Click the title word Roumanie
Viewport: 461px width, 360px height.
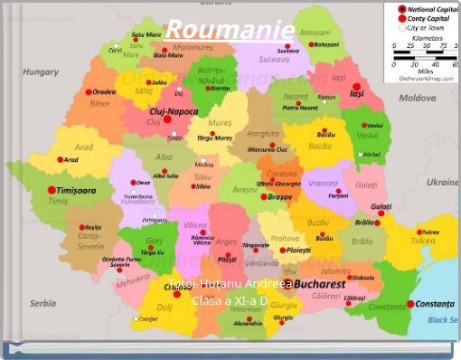point(230,30)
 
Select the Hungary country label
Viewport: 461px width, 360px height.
point(40,71)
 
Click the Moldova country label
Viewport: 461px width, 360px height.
point(418,97)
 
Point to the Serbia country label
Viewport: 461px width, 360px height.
point(42,304)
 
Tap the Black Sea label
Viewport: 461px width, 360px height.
point(442,319)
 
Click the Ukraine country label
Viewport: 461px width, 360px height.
point(442,181)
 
